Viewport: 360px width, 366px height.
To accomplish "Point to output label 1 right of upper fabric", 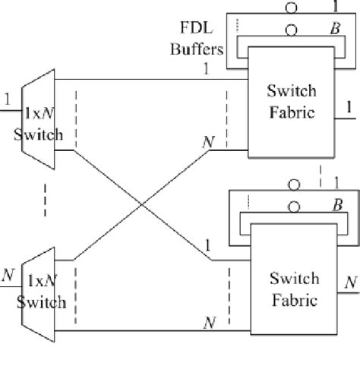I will coord(348,108).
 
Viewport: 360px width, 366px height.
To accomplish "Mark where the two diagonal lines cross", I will coord(142,203).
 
